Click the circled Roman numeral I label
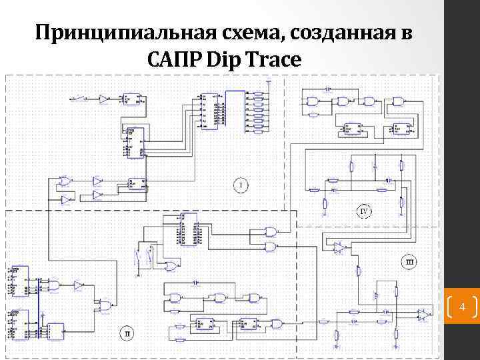point(241,184)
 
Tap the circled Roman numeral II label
point(127,332)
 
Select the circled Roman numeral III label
point(409,262)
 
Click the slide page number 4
point(461,307)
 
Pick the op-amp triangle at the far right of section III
point(423,313)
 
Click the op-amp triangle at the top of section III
point(339,247)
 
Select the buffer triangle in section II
point(79,285)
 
